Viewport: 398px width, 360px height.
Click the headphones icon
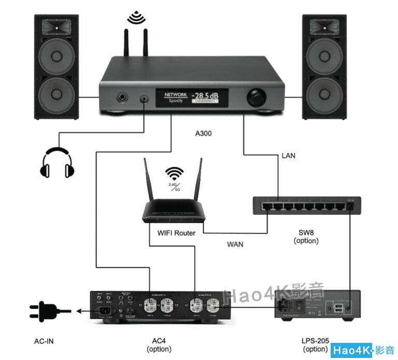pyautogui.click(x=58, y=162)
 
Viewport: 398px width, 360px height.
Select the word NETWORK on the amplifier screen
pyautogui.click(x=176, y=95)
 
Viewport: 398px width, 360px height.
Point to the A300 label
pyautogui.click(x=203, y=133)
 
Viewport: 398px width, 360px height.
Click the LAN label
pyautogui.click(x=288, y=156)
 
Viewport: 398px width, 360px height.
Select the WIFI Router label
pyautogui.click(x=176, y=233)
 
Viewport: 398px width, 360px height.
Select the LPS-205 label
pyautogui.click(x=315, y=341)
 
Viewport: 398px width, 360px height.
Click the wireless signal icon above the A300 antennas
pyautogui.click(x=136, y=18)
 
